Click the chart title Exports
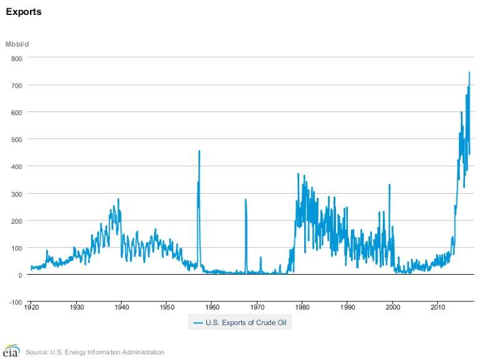[24, 11]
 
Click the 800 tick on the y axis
[16, 58]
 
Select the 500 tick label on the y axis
[16, 140]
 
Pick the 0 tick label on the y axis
[20, 275]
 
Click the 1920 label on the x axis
[31, 307]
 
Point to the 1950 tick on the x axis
[167, 307]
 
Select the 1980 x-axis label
[302, 307]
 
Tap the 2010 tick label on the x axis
[438, 307]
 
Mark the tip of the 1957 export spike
[199, 151]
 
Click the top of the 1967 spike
[246, 200]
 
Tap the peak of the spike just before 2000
[390, 184]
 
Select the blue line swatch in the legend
[198, 323]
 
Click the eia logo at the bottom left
[11, 351]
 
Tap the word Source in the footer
[36, 353]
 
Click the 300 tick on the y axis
[16, 194]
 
